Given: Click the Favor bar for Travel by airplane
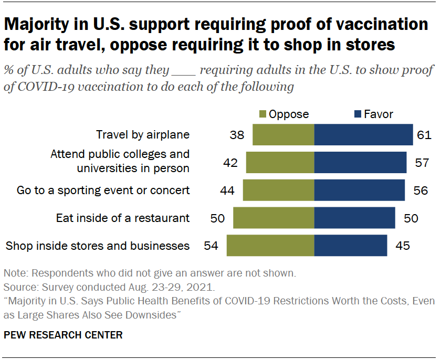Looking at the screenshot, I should [363, 135].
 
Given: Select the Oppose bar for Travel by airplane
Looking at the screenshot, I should [283, 135].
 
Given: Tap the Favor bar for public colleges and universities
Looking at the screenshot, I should [360, 163].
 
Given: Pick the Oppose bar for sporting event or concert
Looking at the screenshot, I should [278, 190].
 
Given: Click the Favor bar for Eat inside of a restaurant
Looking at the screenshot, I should [354, 218].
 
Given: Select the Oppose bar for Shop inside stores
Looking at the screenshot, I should [270, 245].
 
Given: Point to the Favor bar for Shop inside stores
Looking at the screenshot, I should [350, 245].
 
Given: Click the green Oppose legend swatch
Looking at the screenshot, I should [262, 114].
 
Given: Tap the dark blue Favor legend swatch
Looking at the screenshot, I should [359, 114].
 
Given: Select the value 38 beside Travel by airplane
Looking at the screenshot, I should [237, 135].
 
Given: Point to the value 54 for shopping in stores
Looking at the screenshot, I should [212, 245].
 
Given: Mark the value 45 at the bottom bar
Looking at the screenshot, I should [402, 245].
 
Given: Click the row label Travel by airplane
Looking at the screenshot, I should [142, 135].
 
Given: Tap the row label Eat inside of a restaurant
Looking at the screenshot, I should [123, 218].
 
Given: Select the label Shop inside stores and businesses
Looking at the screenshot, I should [97, 245].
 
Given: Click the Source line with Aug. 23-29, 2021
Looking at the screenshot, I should [109, 288].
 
